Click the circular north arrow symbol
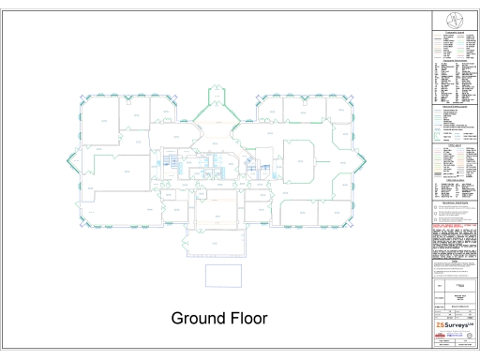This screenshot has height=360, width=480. coord(455,20)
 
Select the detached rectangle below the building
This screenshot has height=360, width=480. coord(223,275)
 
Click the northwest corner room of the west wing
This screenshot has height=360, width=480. coord(97,117)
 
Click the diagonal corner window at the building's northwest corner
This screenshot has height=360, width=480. coord(83,100)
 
